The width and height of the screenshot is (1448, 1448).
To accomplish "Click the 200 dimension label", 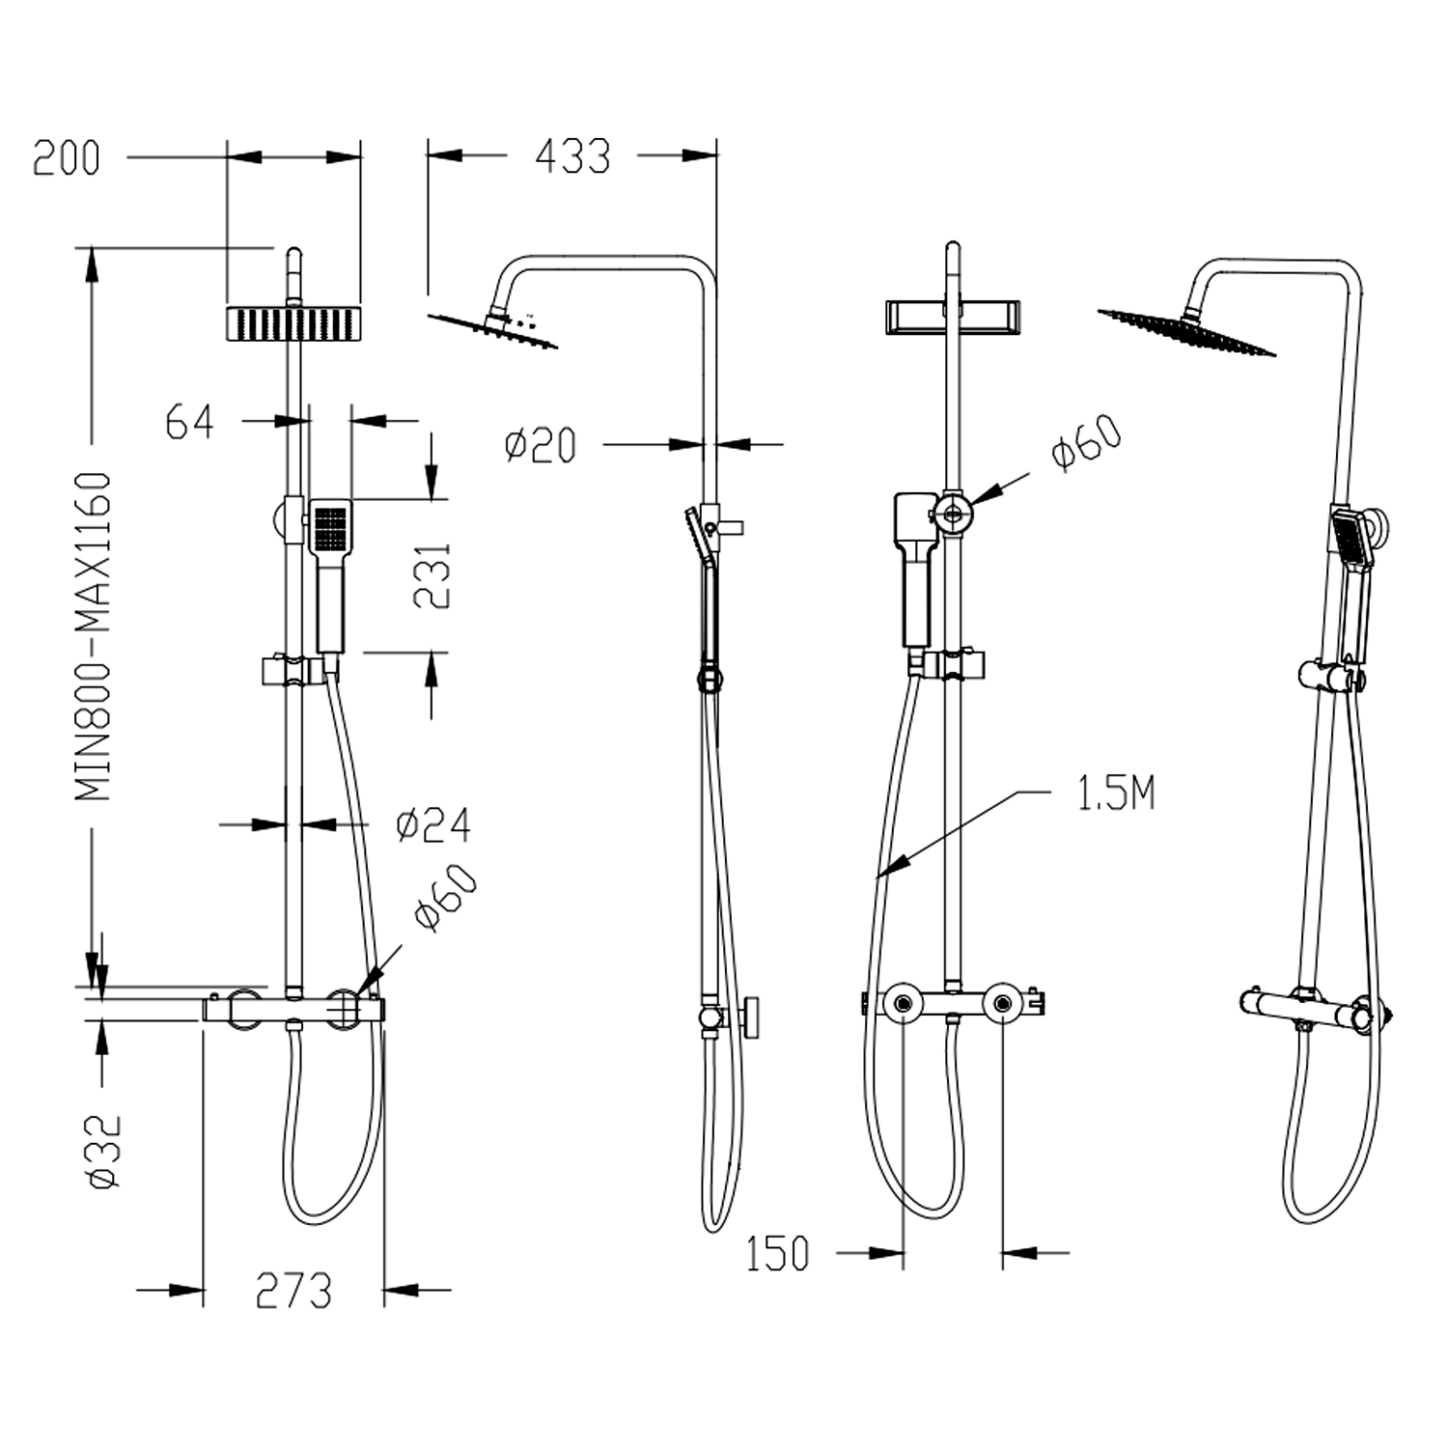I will [66, 158].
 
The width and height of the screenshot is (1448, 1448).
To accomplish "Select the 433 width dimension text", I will [572, 156].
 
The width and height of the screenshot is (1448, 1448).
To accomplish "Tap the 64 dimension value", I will [189, 422].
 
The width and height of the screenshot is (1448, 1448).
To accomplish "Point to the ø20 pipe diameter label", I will [541, 445].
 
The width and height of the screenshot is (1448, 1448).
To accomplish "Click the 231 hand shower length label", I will [432, 575].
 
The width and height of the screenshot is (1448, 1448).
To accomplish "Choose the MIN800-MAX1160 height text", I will [94, 636].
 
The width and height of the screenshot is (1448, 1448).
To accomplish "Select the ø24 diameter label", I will [433, 825].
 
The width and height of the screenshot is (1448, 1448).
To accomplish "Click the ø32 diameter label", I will [104, 1151].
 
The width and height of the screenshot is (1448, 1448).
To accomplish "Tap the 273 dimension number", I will [293, 1291].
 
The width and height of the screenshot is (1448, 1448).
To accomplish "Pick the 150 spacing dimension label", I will [777, 1254].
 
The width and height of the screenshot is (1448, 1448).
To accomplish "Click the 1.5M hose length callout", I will [1115, 794].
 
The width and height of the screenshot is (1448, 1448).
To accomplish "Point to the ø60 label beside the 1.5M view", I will [1087, 443].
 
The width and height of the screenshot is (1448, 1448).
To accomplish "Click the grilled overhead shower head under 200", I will [293, 323].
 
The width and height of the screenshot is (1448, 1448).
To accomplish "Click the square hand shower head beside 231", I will [331, 526].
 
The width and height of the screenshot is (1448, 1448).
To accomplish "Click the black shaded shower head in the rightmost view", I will [1187, 331].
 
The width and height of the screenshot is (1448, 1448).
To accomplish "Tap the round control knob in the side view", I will [751, 1017].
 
